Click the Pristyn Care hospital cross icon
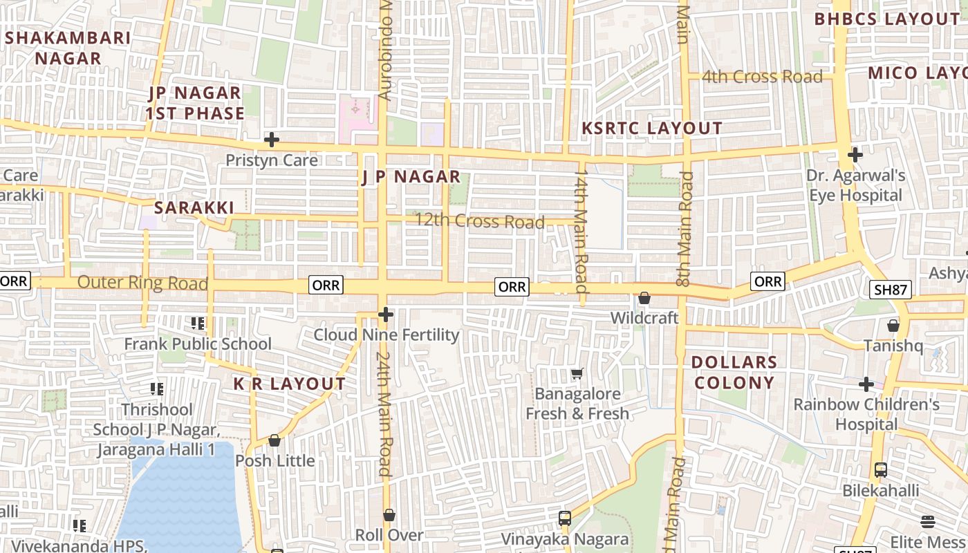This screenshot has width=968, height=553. (x=272, y=140)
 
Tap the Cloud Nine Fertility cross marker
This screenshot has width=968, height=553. (x=386, y=315)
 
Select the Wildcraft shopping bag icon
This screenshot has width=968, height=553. (x=644, y=298)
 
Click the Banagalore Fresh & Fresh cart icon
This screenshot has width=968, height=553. (x=577, y=373)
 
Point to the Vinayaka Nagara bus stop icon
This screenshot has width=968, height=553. (x=565, y=518)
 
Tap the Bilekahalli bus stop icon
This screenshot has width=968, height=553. (x=880, y=470)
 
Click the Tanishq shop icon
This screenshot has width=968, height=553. (x=893, y=325)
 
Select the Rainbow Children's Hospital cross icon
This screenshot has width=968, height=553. (x=866, y=384)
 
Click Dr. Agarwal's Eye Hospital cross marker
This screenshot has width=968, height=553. (x=855, y=154)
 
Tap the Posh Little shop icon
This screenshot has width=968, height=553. (x=274, y=440)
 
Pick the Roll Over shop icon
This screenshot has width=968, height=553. (x=389, y=515)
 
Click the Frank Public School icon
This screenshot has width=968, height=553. (x=198, y=323)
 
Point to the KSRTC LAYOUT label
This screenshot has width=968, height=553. (x=652, y=128)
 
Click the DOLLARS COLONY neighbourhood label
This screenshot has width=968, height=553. (x=734, y=373)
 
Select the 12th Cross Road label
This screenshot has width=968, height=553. (x=479, y=222)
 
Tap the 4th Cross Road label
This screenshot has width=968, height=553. (x=762, y=77)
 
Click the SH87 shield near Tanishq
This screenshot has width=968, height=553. (x=890, y=290)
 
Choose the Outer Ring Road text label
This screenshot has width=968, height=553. (x=142, y=283)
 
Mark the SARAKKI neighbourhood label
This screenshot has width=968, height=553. (x=194, y=207)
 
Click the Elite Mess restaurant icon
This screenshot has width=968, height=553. (x=928, y=522)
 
